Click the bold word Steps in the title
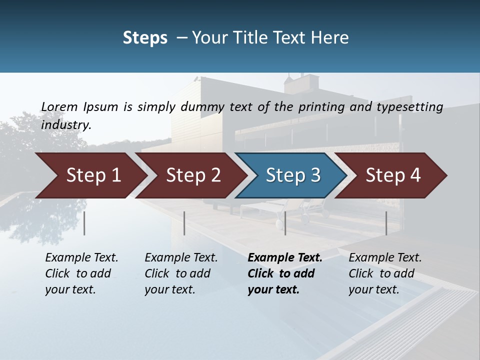coord(145,38)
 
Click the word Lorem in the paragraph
coord(59,106)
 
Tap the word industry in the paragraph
coord(65,124)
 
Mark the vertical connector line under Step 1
coord(84,223)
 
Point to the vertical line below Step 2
coord(184,223)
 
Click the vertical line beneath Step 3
coord(285,223)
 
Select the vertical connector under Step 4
coord(386,223)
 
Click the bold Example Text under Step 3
coord(285,258)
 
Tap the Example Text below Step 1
coord(81,258)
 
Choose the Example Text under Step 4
coord(385,258)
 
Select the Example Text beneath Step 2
coord(181,258)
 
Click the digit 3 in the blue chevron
coord(315,175)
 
